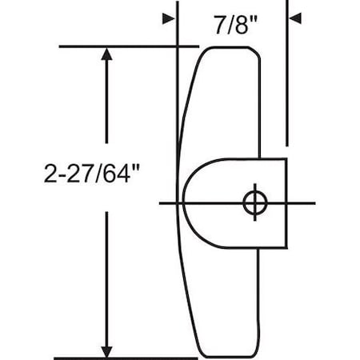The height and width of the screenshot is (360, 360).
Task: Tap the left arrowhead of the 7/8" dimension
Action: click(169, 18)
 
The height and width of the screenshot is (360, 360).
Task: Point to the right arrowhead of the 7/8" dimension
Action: click(294, 18)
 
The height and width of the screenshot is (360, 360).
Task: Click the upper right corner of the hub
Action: click(285, 160)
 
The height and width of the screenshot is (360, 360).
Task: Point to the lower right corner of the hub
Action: click(285, 246)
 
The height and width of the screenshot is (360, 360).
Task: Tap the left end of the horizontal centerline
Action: click(162, 202)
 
